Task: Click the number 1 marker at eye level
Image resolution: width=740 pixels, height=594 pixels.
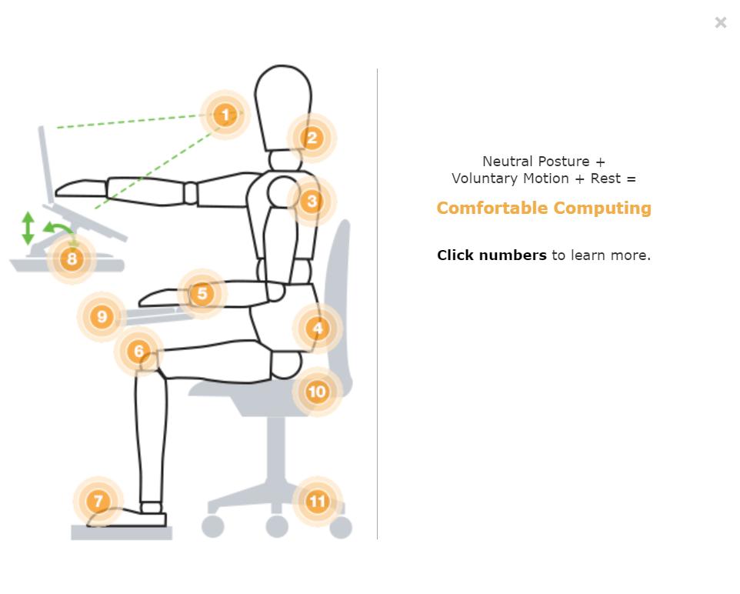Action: coord(225,115)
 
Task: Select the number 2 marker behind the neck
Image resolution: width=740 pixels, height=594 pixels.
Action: coord(312,138)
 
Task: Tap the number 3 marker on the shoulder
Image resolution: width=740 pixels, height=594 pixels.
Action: coord(312,201)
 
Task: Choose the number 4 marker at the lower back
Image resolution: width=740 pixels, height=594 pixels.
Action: coord(318,329)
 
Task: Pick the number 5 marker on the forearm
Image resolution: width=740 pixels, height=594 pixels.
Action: coord(202,293)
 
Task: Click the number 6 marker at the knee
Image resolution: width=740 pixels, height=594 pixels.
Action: coord(138,351)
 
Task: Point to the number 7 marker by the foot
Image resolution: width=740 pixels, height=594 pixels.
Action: coord(98,501)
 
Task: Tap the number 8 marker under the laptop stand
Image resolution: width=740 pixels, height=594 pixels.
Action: coord(72,259)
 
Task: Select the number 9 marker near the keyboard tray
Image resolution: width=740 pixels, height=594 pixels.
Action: coord(102,316)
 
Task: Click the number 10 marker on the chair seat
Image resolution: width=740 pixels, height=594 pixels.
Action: coord(317,392)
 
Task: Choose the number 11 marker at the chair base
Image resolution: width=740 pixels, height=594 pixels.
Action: coord(318,501)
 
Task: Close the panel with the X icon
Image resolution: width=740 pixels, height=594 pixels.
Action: coord(720,22)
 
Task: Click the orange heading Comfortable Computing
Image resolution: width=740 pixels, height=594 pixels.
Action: coord(544,208)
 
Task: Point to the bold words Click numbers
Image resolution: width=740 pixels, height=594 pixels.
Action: coord(492,255)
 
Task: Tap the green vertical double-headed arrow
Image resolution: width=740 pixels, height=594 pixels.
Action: coord(28,228)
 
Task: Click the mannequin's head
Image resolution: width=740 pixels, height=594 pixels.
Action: coord(282,108)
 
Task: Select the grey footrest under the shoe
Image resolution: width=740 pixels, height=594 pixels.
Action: coord(122,532)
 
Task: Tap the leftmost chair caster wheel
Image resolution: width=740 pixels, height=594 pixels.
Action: coord(213,526)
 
